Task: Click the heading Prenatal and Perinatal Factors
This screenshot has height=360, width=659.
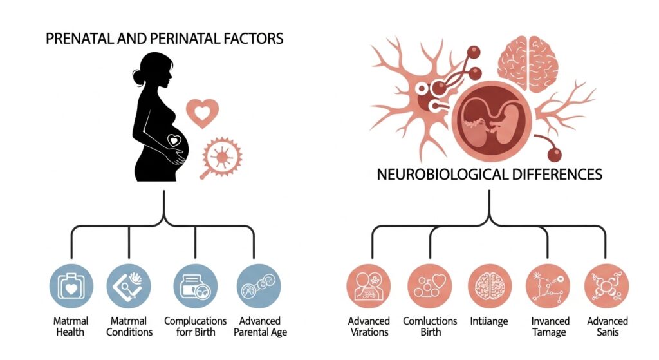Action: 165,39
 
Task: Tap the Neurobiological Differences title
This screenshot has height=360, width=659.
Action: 489,174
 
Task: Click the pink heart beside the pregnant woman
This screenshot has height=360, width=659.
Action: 203,113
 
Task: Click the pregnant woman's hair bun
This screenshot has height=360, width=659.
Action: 139,78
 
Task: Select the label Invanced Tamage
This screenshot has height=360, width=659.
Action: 548,327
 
